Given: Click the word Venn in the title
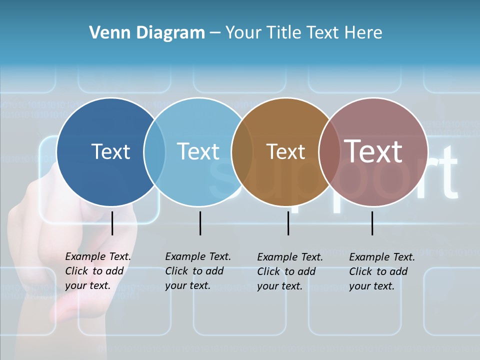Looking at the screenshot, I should (x=106, y=33).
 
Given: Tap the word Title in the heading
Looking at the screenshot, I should (x=283, y=33).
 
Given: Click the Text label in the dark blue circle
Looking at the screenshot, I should (x=110, y=151).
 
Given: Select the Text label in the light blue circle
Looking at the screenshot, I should (x=198, y=151).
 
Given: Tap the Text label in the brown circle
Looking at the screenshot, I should (x=285, y=151).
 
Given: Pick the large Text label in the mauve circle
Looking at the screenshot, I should (x=373, y=151).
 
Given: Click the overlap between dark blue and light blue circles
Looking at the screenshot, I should (x=154, y=152).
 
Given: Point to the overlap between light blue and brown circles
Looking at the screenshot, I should (x=242, y=152).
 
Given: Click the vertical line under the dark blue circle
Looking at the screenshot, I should (x=112, y=223).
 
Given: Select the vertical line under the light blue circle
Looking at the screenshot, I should (x=200, y=223).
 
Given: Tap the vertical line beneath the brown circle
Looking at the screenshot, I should (x=288, y=223).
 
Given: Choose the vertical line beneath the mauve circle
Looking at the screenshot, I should (x=372, y=223).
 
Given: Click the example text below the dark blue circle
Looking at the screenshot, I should (x=97, y=271).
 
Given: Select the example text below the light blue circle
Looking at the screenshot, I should (x=197, y=271).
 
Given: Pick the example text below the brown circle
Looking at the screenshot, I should (x=289, y=271).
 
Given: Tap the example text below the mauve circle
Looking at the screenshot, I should (x=381, y=271).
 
